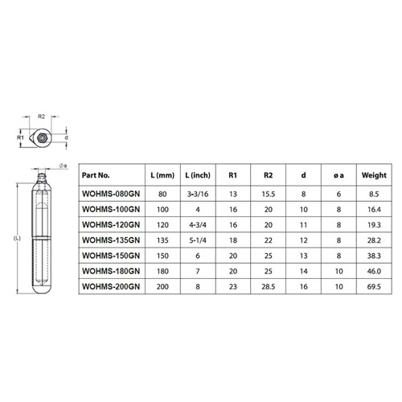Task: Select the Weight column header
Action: (x=374, y=174)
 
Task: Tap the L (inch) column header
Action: (x=199, y=174)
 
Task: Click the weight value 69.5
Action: (x=374, y=285)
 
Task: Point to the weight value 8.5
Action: (x=374, y=193)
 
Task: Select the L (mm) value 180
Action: (x=163, y=270)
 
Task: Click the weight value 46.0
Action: (x=374, y=270)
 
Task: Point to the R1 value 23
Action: (x=233, y=285)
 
